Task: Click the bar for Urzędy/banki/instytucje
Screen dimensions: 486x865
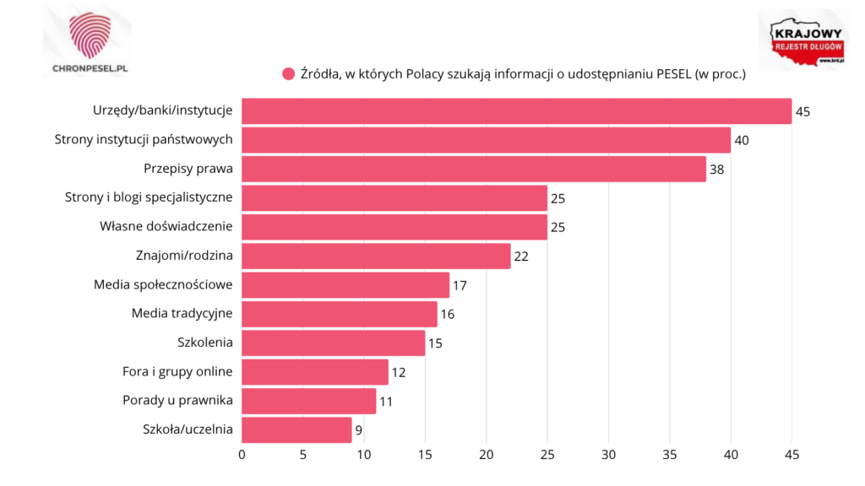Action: [517, 111]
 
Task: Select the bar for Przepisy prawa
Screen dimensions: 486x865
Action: [474, 169]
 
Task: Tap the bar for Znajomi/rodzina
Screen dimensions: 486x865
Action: [377, 256]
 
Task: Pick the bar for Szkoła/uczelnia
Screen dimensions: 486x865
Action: [297, 429]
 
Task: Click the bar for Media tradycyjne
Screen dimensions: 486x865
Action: [340, 314]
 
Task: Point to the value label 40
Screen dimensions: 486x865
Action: [742, 140]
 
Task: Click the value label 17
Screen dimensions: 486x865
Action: [460, 285]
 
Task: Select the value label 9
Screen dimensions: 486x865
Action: [360, 430]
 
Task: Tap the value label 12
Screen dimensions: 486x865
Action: [399, 372]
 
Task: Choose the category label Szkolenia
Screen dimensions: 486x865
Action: [204, 343]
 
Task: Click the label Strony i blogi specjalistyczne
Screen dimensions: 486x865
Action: [149, 197]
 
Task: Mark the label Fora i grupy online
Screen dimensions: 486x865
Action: [178, 371]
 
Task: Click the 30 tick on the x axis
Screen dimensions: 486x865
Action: [608, 456]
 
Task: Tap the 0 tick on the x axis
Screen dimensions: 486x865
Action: [242, 456]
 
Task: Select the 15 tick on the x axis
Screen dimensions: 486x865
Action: [425, 456]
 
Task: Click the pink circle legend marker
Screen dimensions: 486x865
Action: [288, 74]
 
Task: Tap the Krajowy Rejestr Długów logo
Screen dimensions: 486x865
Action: [802, 42]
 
